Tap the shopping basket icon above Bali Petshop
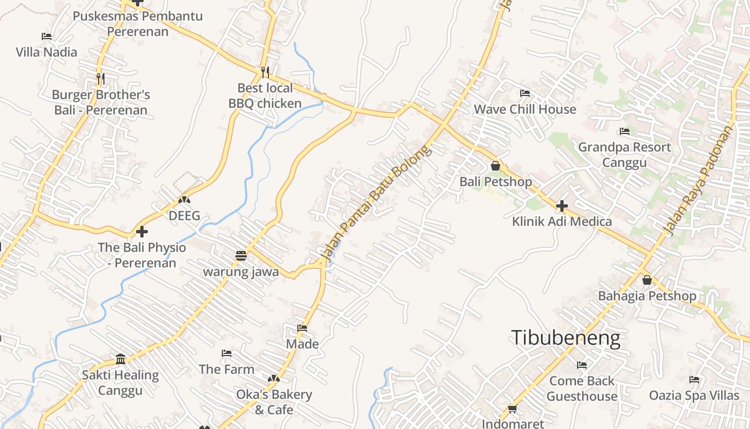coord(496,166)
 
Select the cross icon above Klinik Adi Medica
coord(561,205)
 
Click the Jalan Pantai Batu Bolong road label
coord(375,204)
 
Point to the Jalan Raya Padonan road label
coord(697,181)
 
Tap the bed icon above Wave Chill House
coord(525,93)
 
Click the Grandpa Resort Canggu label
coord(624,154)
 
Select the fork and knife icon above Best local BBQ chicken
coord(265,72)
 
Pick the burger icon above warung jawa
coord(241,255)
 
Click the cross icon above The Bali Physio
coord(142,232)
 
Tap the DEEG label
coord(184,216)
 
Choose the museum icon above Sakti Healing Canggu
coord(121,359)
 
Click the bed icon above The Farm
coord(227,353)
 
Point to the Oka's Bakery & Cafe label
coord(274,402)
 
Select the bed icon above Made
coord(302,328)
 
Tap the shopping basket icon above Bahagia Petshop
coord(647,280)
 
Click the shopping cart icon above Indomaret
coord(512,409)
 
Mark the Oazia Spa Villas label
coord(694,396)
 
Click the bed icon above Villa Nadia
coord(47,36)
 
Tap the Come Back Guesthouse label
coord(582,389)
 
